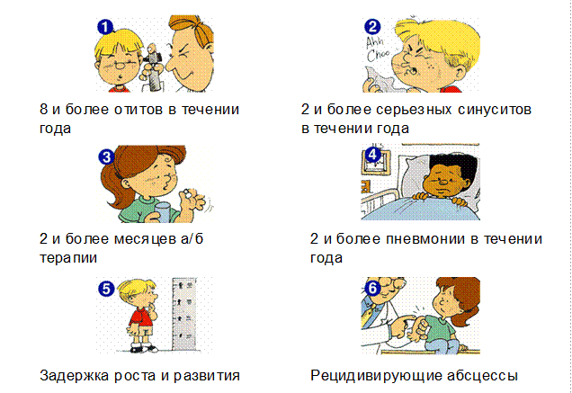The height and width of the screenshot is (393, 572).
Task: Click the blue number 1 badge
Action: coord(105,27)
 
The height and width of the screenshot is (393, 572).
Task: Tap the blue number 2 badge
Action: coord(372,26)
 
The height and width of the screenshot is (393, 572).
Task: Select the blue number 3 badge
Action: coord(106,157)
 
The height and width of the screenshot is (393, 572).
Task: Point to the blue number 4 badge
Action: coord(372,155)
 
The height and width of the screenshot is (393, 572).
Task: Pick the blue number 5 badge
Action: coord(106,289)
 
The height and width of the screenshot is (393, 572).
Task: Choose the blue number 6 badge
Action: coord(372,289)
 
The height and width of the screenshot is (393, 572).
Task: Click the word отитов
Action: coord(139,110)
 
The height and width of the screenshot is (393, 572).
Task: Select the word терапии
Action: coord(68,258)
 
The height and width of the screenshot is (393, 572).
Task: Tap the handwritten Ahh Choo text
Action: coord(377,50)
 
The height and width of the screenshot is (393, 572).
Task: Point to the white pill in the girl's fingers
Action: coord(187,193)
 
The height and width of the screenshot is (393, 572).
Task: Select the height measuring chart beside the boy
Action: coord(184,315)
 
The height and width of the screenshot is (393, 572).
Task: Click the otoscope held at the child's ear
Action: coord(154,67)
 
